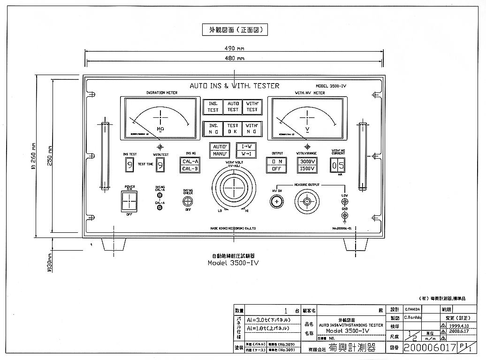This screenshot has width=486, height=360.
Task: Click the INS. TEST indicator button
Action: click(213, 107)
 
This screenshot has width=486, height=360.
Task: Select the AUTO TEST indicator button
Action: click(233, 107)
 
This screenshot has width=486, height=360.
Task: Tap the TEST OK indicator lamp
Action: click(233, 129)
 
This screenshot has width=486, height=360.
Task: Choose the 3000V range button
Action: click(307, 161)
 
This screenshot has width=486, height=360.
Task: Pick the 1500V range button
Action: click(307, 169)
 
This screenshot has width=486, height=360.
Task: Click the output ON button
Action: click(276, 161)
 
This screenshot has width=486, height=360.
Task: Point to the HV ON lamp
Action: click(277, 202)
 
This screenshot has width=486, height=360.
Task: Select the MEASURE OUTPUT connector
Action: click(307, 202)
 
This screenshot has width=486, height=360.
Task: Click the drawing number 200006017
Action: click(430, 348)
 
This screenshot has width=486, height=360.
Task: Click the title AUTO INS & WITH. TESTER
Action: click(234, 86)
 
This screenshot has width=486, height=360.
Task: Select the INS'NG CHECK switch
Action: click(188, 201)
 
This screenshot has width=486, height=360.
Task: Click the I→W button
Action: click(246, 146)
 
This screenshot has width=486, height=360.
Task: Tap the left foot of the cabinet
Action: click(114, 245)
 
